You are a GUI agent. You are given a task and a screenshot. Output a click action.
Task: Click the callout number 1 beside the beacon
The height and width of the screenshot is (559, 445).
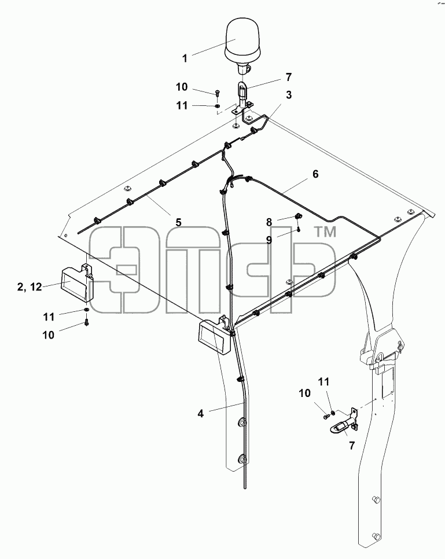coord(185,58)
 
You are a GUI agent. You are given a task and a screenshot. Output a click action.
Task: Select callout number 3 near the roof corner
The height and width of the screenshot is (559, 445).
coord(288,95)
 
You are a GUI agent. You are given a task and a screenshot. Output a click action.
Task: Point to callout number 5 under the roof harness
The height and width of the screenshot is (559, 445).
coord(178,222)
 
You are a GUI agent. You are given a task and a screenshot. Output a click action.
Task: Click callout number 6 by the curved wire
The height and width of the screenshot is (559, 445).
coord(315,174)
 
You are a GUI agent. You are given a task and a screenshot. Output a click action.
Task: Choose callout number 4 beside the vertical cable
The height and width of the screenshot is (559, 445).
coord(201,414)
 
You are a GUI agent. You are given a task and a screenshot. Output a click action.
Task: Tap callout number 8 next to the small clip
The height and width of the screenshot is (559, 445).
coord(269,222)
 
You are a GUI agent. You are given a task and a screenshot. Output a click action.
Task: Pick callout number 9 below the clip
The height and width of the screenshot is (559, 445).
coord(269,240)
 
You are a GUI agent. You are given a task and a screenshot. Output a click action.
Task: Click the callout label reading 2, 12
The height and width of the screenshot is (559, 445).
coord(30,287)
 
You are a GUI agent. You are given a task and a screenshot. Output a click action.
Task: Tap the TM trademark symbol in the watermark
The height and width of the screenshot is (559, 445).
coord(325,232)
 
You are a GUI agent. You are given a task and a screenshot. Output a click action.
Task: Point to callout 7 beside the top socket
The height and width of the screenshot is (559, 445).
coord(288,76)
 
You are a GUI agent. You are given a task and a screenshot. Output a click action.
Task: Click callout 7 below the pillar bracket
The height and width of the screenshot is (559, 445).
coord(352,445)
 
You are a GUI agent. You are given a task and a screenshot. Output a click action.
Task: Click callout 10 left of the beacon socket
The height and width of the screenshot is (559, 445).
coord(182,87)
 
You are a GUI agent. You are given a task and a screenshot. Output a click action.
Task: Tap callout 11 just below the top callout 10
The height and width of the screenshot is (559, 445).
coord(182,105)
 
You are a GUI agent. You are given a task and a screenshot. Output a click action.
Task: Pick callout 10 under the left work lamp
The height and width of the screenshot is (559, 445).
coord(48,334)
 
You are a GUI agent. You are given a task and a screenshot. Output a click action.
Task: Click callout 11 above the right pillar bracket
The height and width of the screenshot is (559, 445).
coord(323,382)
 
